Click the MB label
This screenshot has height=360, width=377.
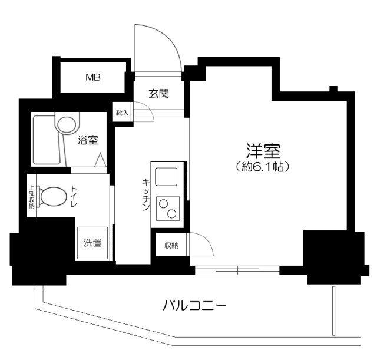pyautogui.click(x=92, y=77)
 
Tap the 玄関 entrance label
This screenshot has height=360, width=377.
pyautogui.click(x=159, y=93)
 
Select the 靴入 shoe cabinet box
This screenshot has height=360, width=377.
pyautogui.click(x=123, y=112)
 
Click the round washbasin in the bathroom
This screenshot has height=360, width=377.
pyautogui.click(x=66, y=124)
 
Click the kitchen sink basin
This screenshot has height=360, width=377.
pyautogui.click(x=167, y=176)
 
